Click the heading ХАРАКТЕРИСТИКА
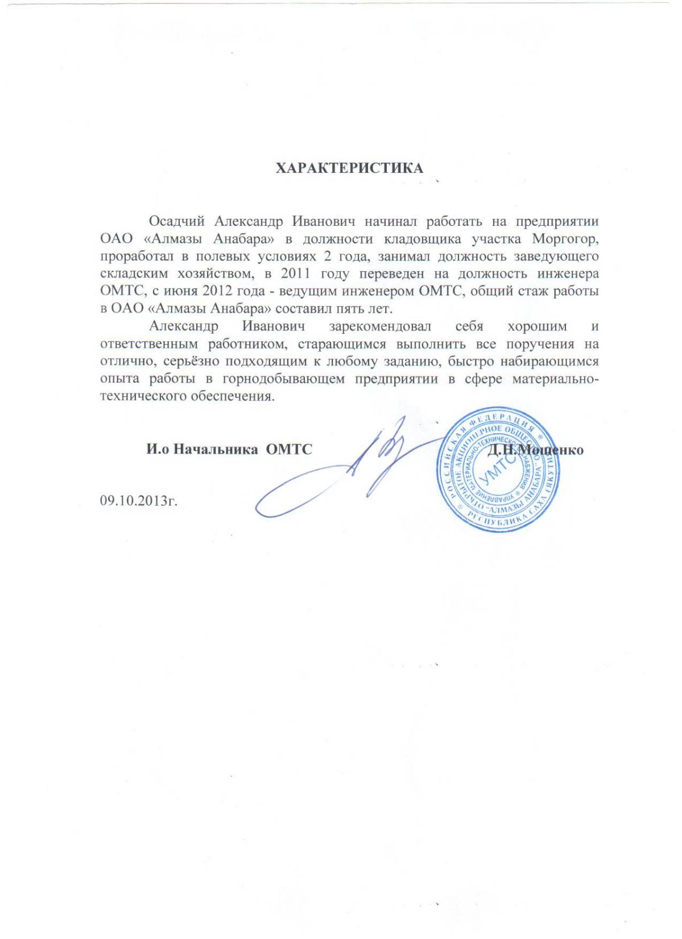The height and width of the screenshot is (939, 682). point(349,168)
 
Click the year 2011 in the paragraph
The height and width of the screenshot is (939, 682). point(296,273)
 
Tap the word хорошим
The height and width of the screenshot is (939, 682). point(537,326)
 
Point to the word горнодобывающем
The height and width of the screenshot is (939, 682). point(283,379)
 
